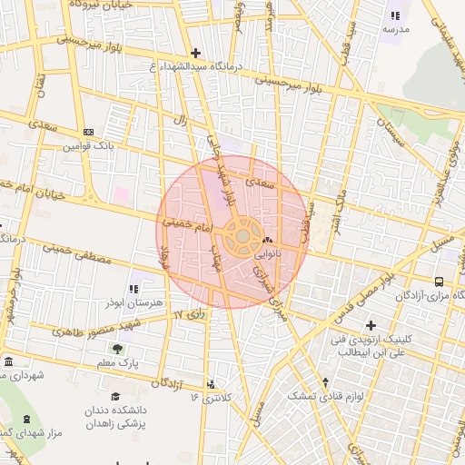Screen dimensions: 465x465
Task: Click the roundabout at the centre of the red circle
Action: point(243,237)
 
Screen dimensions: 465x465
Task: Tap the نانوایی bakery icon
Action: point(266,240)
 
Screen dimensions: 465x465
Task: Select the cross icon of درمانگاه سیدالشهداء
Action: point(196,54)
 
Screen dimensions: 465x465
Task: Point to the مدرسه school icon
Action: point(394,15)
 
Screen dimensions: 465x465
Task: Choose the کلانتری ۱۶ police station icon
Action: point(212,385)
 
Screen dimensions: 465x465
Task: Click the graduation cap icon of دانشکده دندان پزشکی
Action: point(115,397)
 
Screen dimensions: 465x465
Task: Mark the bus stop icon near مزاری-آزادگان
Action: point(440,282)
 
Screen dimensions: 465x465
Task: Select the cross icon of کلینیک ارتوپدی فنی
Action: point(370,325)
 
